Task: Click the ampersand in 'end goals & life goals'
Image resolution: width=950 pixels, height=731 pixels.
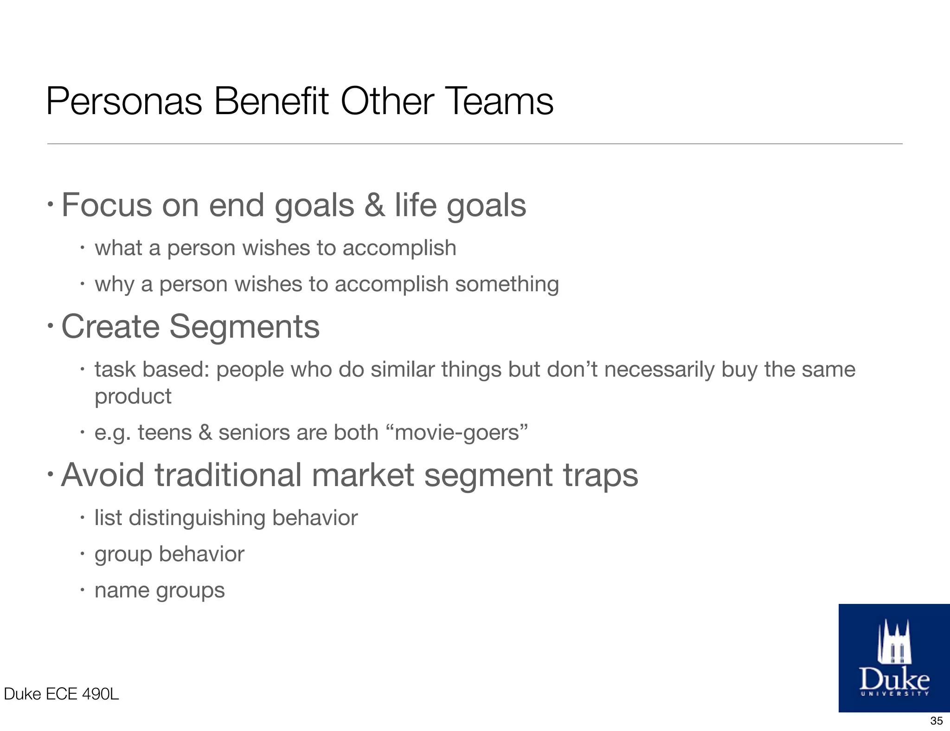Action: point(374,205)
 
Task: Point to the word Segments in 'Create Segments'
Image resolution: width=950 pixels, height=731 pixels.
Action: point(244,327)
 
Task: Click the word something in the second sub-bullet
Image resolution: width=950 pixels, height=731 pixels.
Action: point(507,284)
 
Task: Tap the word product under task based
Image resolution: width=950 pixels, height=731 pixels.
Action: point(133,397)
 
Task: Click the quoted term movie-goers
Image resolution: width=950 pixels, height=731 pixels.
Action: point(461,433)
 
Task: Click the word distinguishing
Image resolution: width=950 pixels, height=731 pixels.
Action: point(197,518)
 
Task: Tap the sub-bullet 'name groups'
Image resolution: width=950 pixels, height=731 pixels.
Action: point(160,590)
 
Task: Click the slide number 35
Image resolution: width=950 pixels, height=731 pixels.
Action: point(936,721)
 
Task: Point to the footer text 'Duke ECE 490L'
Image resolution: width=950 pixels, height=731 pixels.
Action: point(61,694)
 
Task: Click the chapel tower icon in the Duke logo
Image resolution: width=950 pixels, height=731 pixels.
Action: point(894,642)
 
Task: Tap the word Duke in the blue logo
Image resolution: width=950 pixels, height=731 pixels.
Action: point(894,680)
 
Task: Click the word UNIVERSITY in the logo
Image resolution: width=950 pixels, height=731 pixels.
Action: point(894,694)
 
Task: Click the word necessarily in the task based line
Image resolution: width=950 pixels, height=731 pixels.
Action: point(659,370)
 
